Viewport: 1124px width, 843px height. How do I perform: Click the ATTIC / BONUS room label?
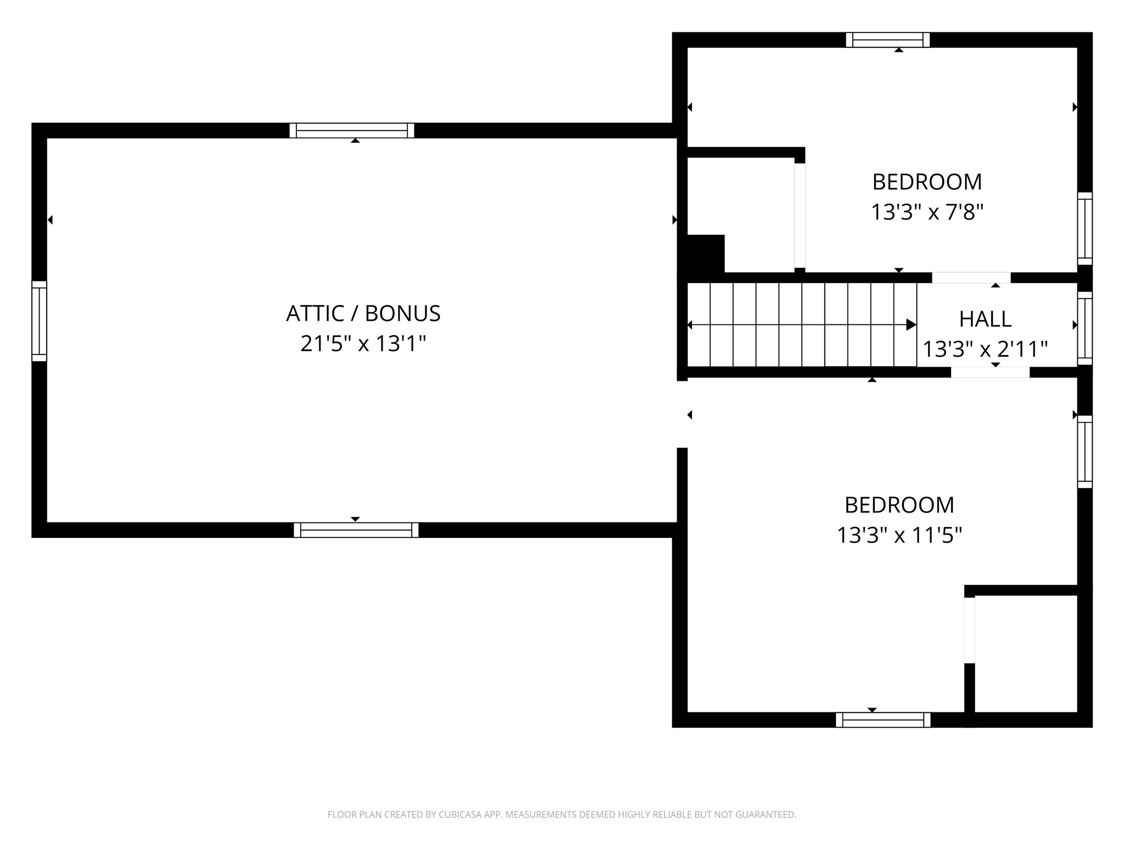363,313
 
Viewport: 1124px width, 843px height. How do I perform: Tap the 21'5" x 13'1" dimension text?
363,344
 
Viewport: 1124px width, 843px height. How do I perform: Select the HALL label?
985,319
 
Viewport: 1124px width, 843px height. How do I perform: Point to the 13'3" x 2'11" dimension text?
985,349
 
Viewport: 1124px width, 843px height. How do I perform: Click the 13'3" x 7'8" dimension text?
927,212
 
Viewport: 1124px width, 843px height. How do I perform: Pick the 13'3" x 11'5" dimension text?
900,535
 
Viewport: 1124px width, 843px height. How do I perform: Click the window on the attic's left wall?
40,321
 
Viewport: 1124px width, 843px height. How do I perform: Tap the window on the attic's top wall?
352,131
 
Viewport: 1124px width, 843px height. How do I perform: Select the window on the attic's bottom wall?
356,530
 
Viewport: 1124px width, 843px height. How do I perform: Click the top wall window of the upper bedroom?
887,40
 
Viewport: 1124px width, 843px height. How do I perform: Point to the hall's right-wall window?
1085,328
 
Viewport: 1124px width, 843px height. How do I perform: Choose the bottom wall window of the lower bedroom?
883,720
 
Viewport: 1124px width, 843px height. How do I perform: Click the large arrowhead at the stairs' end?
911,325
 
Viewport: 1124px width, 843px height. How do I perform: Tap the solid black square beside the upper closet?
706,254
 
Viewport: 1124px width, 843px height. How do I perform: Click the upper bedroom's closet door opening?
800,216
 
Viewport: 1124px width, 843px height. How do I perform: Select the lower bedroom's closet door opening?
970,630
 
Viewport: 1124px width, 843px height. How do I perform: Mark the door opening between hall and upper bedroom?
971,278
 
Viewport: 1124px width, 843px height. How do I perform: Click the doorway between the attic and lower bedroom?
682,414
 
